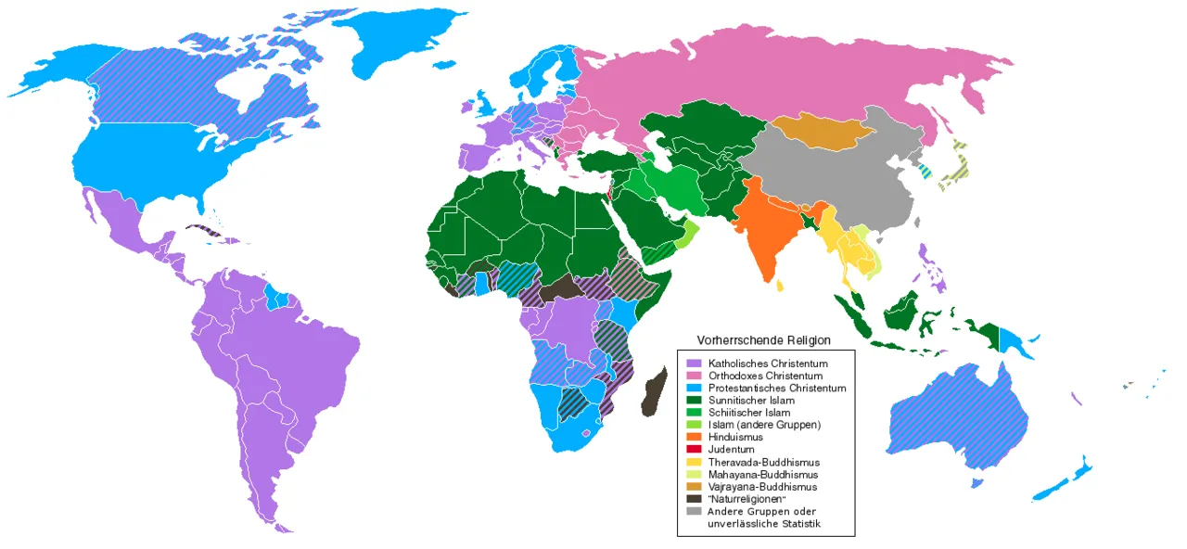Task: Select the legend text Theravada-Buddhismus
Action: (763, 462)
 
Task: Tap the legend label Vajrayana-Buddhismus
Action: (763, 487)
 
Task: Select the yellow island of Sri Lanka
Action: (779, 286)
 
